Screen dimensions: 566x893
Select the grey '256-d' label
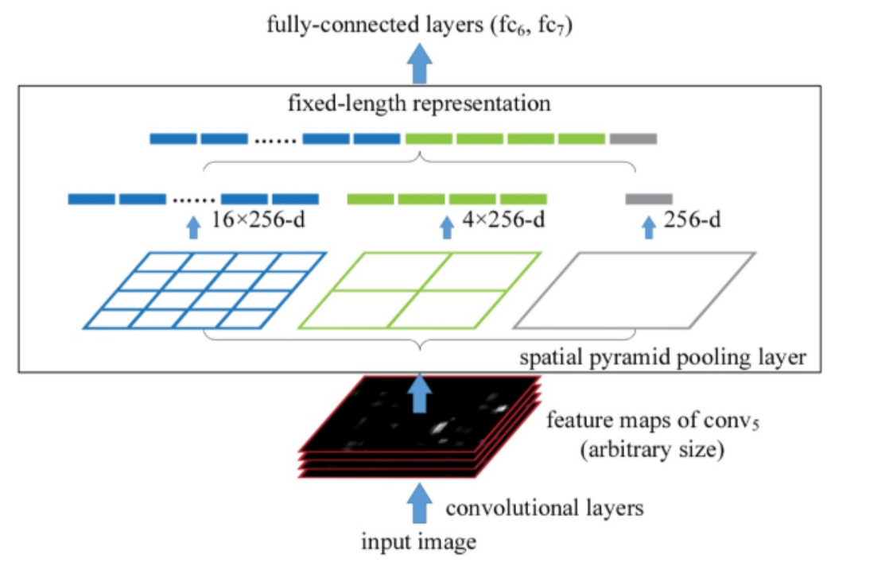pyautogui.click(x=693, y=219)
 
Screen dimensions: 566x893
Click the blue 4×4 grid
pyautogui.click(x=205, y=289)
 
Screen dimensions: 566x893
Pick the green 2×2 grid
pyautogui.click(x=419, y=289)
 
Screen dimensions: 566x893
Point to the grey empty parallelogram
pyautogui.click(x=634, y=289)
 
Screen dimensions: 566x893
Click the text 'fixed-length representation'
pyautogui.click(x=419, y=103)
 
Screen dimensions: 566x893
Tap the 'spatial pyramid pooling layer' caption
pyautogui.click(x=663, y=358)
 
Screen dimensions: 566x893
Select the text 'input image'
pyautogui.click(x=419, y=543)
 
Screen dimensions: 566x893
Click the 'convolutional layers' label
pyautogui.click(x=545, y=507)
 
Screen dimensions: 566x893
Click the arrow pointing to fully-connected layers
pyautogui.click(x=419, y=64)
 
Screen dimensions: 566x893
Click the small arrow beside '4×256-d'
pyautogui.click(x=445, y=228)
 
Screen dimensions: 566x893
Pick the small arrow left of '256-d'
pyautogui.click(x=648, y=228)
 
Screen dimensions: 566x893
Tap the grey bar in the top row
pyautogui.click(x=633, y=139)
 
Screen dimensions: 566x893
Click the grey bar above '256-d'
pyautogui.click(x=649, y=199)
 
